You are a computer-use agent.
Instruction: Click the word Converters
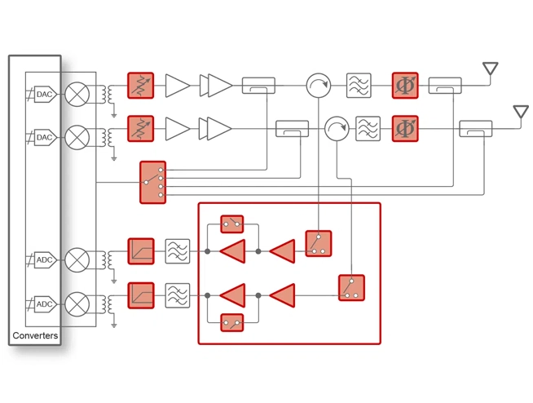point(35,335)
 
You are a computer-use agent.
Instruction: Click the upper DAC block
point(45,94)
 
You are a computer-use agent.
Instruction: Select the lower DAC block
point(45,137)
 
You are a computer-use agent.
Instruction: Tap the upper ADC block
point(45,259)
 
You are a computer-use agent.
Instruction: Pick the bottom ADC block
point(45,304)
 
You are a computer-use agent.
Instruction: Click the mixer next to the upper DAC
point(77,94)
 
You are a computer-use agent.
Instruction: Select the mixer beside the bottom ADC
point(77,304)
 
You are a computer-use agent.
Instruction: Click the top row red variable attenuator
point(141,86)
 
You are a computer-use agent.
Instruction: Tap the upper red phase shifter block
point(405,86)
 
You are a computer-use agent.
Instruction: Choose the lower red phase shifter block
point(405,129)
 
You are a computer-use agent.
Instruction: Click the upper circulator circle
point(319,86)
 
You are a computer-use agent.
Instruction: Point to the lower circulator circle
point(337,129)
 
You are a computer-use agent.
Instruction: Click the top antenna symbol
point(490,69)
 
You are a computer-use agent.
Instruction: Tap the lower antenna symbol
point(521,112)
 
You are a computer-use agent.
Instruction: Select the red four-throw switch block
point(153,183)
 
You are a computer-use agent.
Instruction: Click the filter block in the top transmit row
point(359,86)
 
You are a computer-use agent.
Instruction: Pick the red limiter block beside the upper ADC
point(141,251)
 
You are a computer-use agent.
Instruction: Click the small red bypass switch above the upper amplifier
point(232,224)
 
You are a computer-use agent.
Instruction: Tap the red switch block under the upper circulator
point(319,243)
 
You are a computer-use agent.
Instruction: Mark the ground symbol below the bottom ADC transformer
point(114,325)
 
